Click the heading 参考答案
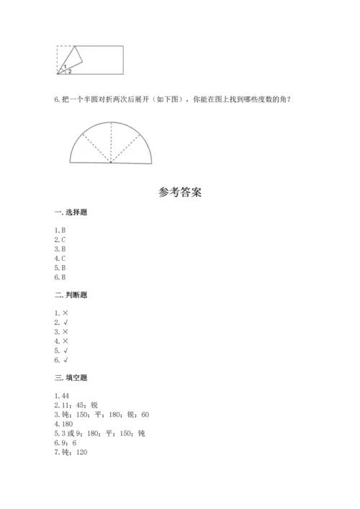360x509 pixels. pyautogui.click(x=179, y=192)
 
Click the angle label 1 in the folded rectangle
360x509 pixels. pyautogui.click(x=66, y=66)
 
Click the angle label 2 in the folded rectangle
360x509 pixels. pyautogui.click(x=70, y=71)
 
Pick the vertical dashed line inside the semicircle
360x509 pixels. pyautogui.click(x=111, y=141)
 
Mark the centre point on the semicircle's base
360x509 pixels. pyautogui.click(x=111, y=162)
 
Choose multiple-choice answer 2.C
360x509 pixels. pyautogui.click(x=60, y=239)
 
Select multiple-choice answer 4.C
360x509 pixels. pyautogui.click(x=60, y=258)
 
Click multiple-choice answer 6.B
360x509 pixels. pyautogui.click(x=60, y=276)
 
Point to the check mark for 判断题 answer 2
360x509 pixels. pyautogui.click(x=66, y=322)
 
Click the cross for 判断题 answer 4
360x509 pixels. pyautogui.click(x=66, y=341)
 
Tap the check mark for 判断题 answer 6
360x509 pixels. pyautogui.click(x=66, y=359)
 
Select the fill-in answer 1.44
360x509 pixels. pyautogui.click(x=61, y=396)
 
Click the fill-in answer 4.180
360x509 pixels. pyautogui.click(x=63, y=424)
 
